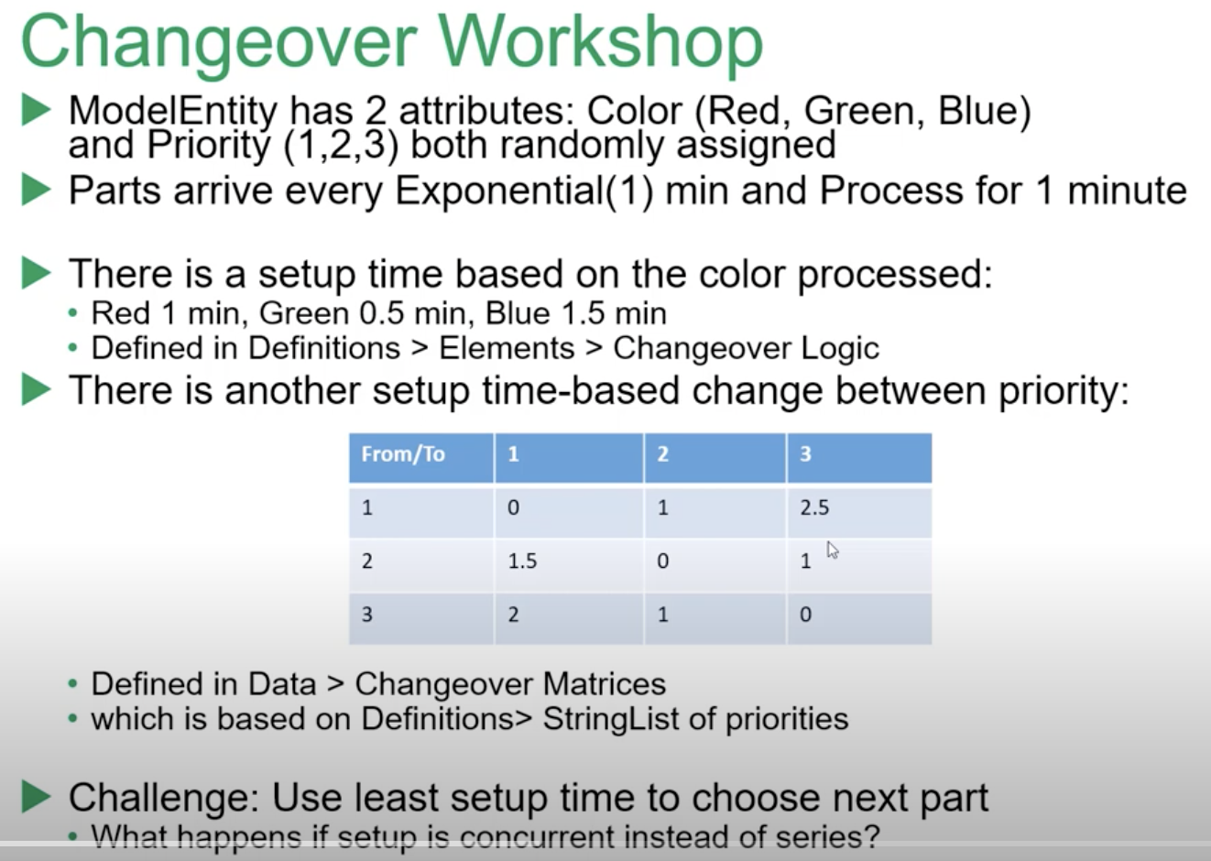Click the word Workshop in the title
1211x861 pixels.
[x=600, y=41]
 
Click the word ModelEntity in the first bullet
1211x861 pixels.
[x=172, y=111]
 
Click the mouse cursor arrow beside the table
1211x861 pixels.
[x=832, y=550]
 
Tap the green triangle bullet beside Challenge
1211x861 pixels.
[x=36, y=797]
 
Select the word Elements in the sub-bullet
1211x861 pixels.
[x=506, y=348]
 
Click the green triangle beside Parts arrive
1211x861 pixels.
[x=36, y=191]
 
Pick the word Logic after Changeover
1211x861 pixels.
[x=839, y=348]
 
